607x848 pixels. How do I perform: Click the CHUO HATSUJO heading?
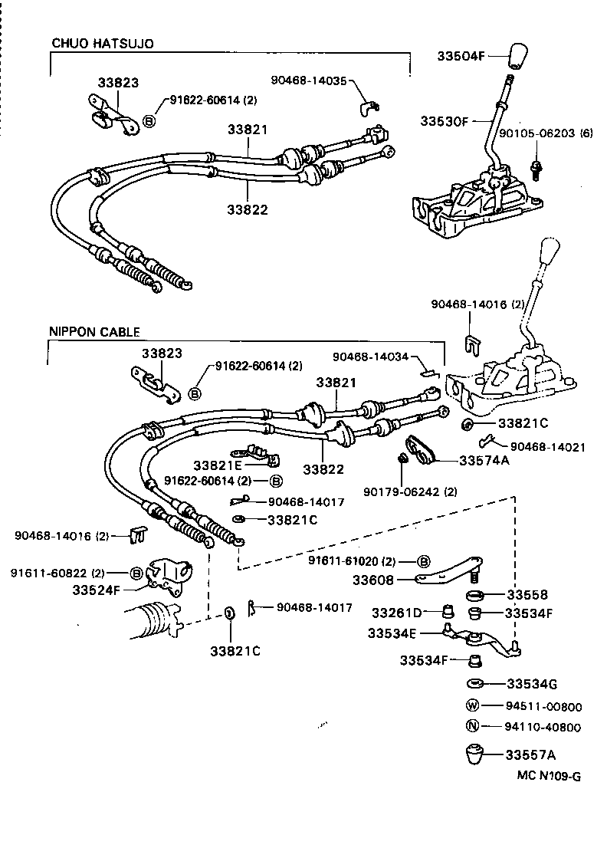coord(103,44)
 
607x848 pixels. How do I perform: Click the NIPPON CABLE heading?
coord(94,332)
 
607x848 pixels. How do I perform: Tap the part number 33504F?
coord(462,56)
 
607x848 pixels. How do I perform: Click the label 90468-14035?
coord(308,80)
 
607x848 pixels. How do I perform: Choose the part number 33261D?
coord(396,613)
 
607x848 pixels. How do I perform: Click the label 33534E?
coord(393,633)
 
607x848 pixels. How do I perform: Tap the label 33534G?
coord(531,684)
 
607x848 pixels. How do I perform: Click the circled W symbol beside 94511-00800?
coord(474,705)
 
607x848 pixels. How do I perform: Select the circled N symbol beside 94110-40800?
coord(474,727)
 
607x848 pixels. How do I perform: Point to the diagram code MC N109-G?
coord(548,776)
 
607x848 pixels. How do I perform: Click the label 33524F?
coord(98,590)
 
